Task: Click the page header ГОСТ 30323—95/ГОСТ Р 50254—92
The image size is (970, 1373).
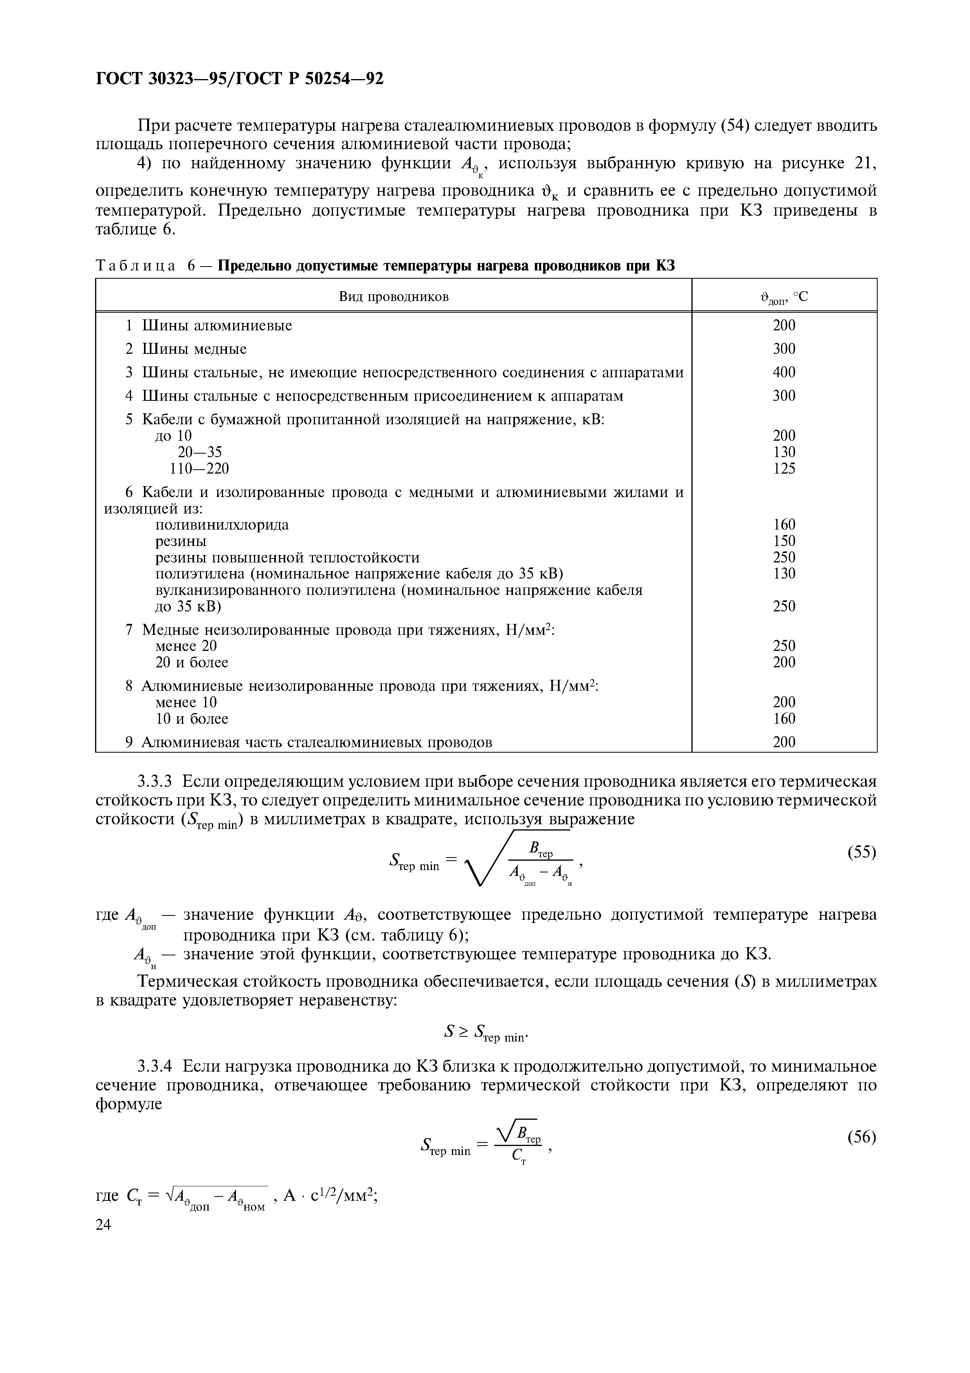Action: tap(239, 78)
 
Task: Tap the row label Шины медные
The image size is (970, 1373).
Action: tap(194, 349)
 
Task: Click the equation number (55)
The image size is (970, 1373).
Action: tap(861, 852)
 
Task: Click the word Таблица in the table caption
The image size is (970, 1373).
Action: tap(136, 265)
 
